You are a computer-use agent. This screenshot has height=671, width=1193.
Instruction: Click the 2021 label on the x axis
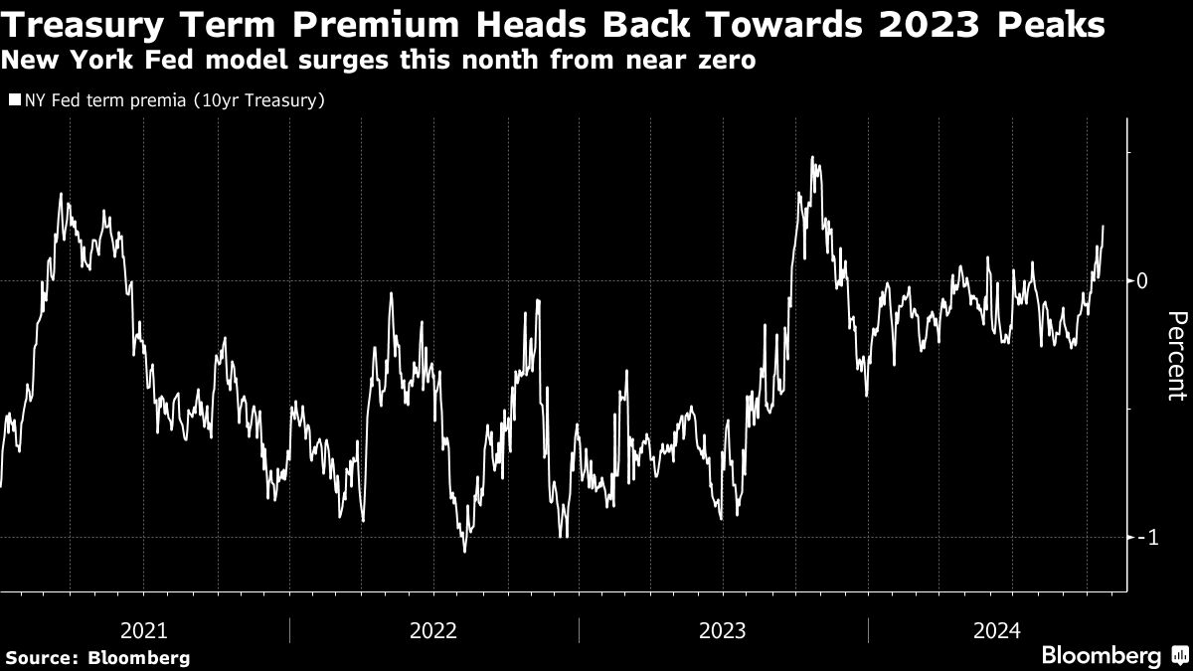tap(143, 629)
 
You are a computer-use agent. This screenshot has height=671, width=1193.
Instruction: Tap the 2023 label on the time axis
tap(723, 629)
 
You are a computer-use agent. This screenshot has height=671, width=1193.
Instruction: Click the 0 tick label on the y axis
tap(1143, 281)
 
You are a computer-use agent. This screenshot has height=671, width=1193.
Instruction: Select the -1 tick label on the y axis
tap(1145, 537)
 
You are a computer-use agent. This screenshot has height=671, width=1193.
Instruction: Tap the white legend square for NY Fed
tap(13, 100)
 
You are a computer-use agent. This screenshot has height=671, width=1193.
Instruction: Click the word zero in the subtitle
tap(727, 60)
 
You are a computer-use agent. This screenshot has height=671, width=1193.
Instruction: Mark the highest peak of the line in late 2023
tap(812, 157)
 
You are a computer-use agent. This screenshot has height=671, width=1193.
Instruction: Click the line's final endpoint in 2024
tap(1104, 227)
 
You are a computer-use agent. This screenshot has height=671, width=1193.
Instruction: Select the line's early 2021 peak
tap(61, 194)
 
